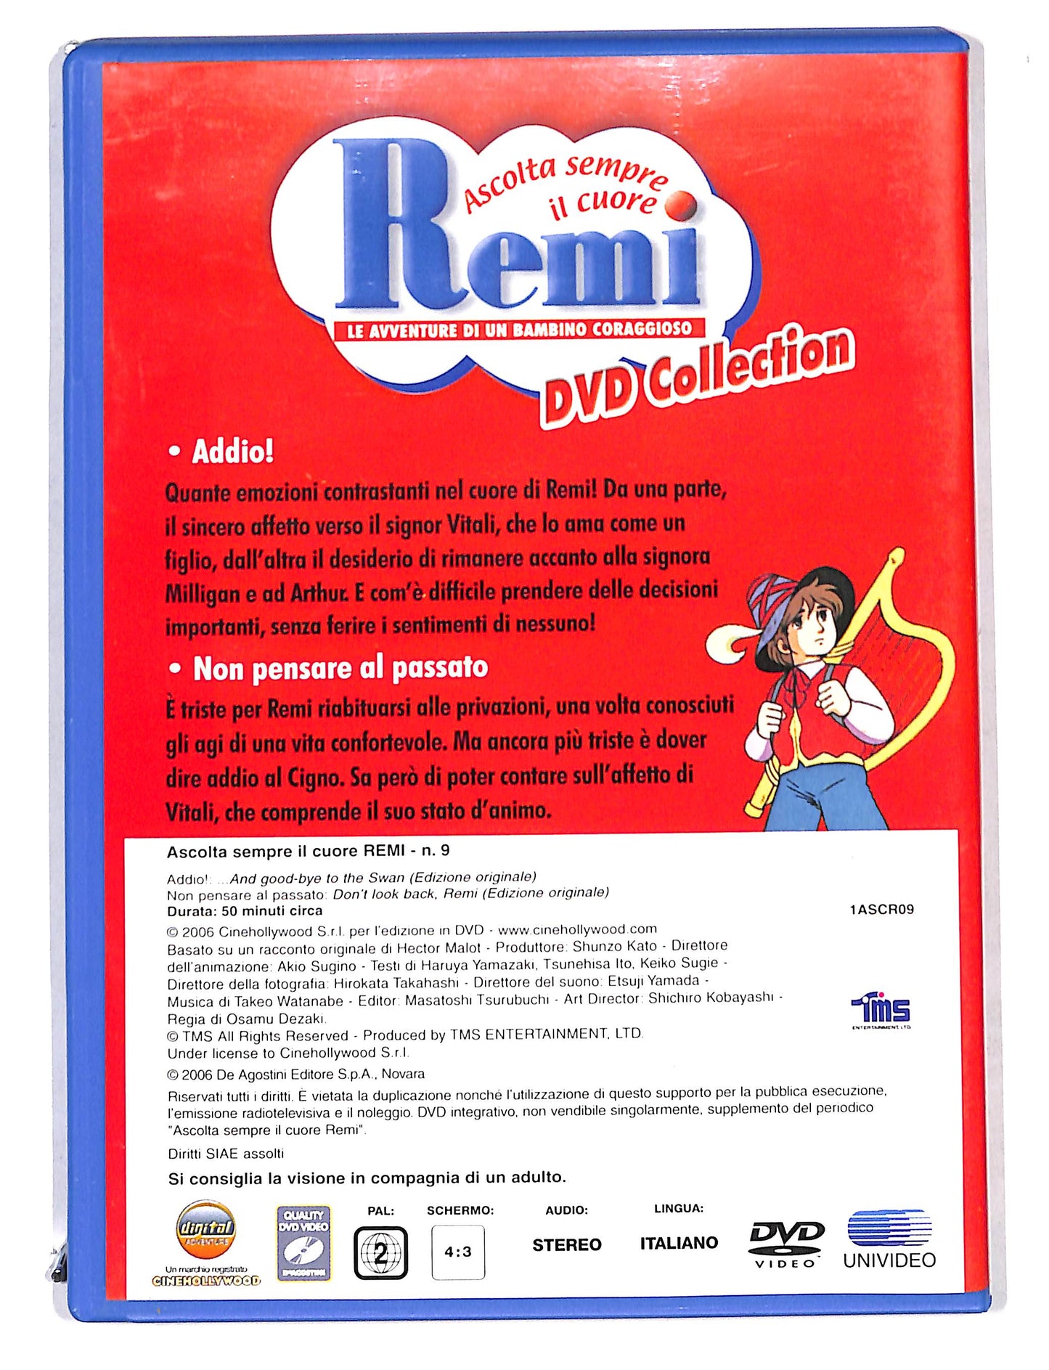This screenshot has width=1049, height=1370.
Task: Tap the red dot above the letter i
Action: [680, 205]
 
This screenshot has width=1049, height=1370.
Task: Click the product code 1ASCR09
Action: [881, 909]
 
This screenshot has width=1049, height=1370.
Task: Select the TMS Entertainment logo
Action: [881, 1010]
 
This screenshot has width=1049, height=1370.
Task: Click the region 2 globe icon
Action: [380, 1253]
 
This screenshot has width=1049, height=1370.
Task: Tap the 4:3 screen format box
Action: [458, 1252]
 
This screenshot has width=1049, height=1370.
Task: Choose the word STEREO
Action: [566, 1245]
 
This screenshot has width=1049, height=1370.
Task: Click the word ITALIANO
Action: [679, 1243]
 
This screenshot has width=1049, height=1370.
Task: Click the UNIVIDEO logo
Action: [889, 1239]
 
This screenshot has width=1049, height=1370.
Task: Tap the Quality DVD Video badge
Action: [303, 1243]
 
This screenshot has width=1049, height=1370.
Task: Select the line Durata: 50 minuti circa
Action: [245, 911]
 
